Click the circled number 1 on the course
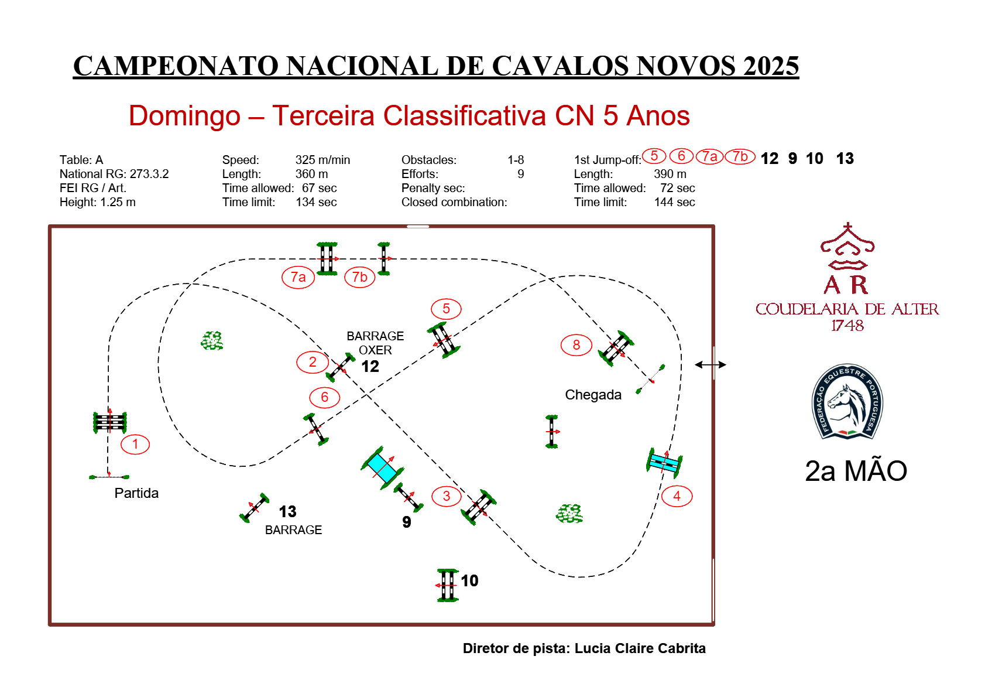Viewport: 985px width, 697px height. (x=135, y=444)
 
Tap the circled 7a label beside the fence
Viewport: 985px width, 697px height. (x=298, y=277)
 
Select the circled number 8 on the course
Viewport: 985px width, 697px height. (x=576, y=345)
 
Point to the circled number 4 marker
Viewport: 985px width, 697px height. (x=677, y=496)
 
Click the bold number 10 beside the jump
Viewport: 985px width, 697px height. (x=469, y=580)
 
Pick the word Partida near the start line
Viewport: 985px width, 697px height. (x=136, y=493)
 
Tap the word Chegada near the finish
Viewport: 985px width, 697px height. (x=593, y=395)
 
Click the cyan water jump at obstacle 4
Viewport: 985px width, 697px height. (x=665, y=463)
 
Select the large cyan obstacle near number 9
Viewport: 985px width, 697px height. (x=382, y=467)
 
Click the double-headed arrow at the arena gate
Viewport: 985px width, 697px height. (x=711, y=364)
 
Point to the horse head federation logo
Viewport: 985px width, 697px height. (x=847, y=402)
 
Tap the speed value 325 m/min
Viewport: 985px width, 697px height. (x=322, y=160)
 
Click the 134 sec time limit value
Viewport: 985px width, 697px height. (x=316, y=202)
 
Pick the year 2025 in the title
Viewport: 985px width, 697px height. (x=771, y=66)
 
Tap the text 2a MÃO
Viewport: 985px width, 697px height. (x=856, y=471)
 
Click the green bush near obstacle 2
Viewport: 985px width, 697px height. (x=212, y=340)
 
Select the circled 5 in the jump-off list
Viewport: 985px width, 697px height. (x=654, y=156)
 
